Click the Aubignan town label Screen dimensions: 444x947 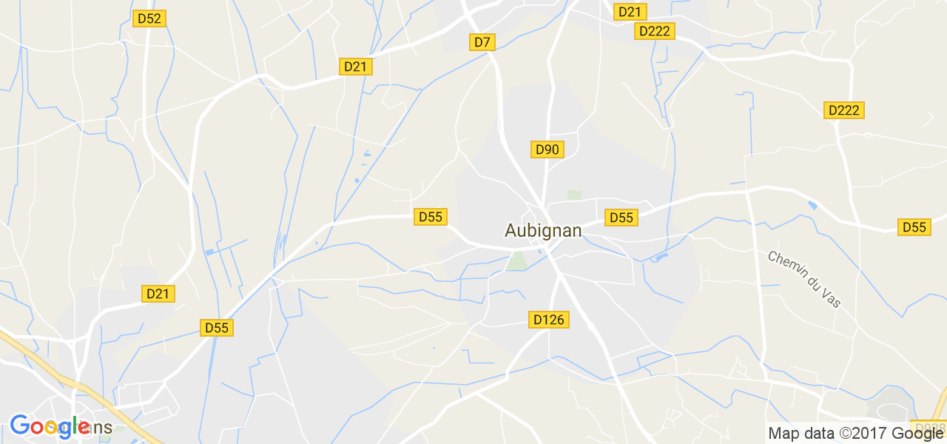point(543,231)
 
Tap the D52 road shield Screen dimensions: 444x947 point(149,18)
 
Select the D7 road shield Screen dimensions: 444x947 point(482,42)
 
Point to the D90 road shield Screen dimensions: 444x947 point(547,149)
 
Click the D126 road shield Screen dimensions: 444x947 point(548,320)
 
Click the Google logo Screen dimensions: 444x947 point(50,427)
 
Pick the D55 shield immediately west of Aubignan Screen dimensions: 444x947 point(430,217)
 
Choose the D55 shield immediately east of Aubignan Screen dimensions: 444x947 point(621,217)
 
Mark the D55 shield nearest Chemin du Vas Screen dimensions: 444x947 point(914,227)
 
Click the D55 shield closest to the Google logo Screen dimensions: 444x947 point(217,327)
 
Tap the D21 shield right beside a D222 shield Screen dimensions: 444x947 point(630,12)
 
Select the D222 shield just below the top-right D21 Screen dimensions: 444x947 point(654,31)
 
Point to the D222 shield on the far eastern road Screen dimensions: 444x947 point(844,110)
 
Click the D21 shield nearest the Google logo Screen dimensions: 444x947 point(158,294)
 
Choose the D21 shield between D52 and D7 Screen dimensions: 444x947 point(356,67)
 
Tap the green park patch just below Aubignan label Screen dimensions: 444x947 point(516,260)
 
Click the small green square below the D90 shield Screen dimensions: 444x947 point(574,195)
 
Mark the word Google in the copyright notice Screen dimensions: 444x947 point(919,434)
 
